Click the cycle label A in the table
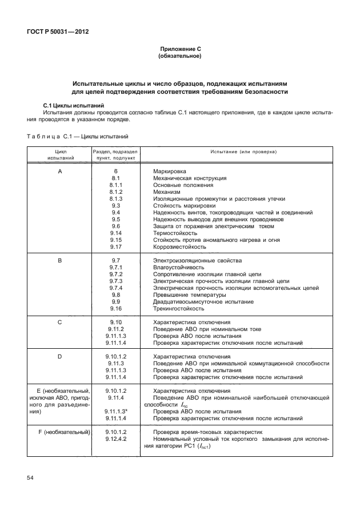click(60, 171)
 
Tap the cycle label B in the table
click(60, 261)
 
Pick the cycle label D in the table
click(60, 356)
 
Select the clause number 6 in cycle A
click(115, 171)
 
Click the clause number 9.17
click(115, 247)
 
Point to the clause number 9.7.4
click(115, 288)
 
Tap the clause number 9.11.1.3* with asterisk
click(117, 411)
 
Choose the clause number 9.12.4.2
click(115, 439)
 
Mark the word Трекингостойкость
click(178, 309)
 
